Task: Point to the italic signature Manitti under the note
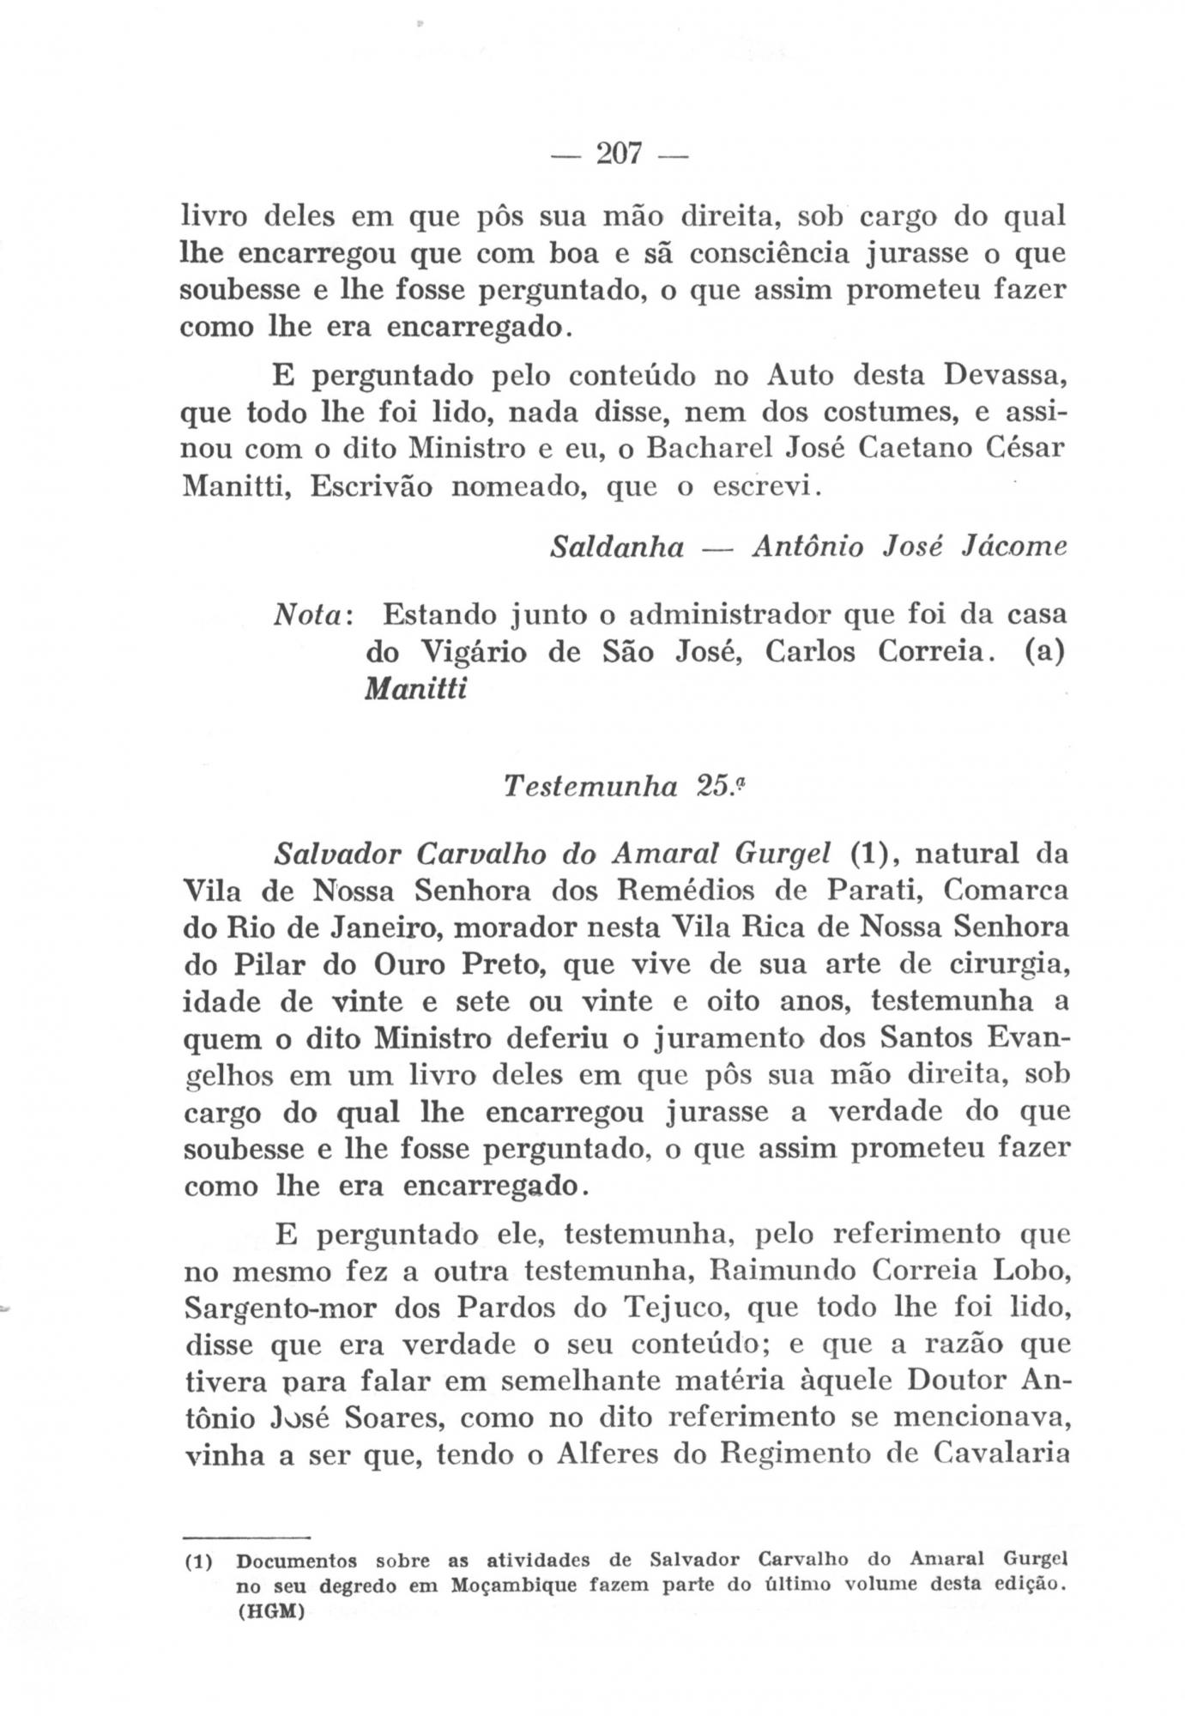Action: pos(416,690)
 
